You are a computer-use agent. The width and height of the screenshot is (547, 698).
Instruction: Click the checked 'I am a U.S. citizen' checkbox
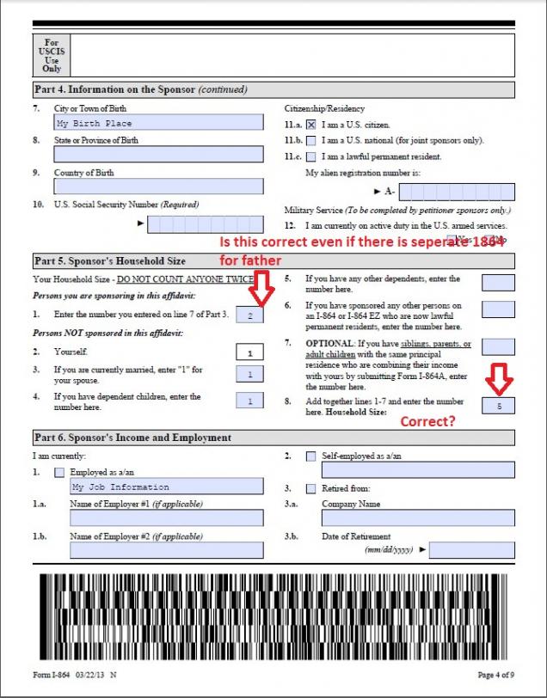[x=311, y=125]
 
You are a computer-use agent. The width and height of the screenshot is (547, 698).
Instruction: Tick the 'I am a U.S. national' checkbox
[x=311, y=140]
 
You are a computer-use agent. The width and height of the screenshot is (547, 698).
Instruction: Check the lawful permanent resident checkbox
[x=311, y=156]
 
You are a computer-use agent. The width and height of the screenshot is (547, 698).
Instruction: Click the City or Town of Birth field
[x=159, y=124]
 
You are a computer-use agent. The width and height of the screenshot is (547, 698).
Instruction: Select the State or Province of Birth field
[x=159, y=155]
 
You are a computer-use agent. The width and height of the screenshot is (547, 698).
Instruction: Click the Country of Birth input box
[x=159, y=187]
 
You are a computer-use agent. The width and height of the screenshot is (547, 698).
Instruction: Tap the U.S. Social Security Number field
[x=205, y=224]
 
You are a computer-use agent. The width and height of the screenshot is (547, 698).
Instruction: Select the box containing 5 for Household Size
[x=499, y=405]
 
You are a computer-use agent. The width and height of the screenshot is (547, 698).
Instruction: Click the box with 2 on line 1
[x=249, y=315]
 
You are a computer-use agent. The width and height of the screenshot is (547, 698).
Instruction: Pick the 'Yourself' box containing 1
[x=249, y=352]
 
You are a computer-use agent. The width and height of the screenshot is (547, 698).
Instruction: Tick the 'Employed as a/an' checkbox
[x=58, y=472]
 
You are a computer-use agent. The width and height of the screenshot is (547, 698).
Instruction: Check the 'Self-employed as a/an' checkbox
[x=310, y=456]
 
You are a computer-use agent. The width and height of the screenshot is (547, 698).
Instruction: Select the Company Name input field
[x=418, y=518]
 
